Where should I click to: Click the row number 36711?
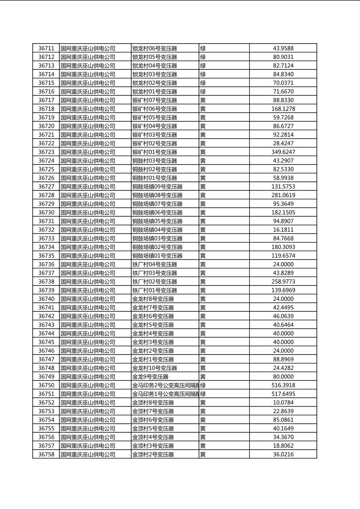tap(46, 48)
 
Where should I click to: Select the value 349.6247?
tap(283, 152)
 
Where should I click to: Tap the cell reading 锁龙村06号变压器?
tap(155, 48)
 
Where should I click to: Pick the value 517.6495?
tap(283, 394)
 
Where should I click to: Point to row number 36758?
tap(46, 455)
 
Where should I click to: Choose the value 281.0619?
tap(283, 195)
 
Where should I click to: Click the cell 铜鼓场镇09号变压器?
tap(157, 187)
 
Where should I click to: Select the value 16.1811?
tap(283, 230)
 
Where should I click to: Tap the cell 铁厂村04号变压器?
tap(155, 265)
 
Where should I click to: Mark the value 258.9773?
tap(283, 282)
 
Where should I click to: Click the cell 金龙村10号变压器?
tap(155, 368)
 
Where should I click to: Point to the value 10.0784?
tap(283, 403)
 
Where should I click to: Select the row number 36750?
tap(46, 385)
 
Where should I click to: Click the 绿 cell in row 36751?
tap(203, 394)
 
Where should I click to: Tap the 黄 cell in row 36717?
tap(203, 100)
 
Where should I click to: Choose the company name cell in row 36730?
tap(88, 213)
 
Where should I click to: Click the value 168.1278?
tap(283, 109)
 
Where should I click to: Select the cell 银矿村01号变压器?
tap(155, 152)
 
